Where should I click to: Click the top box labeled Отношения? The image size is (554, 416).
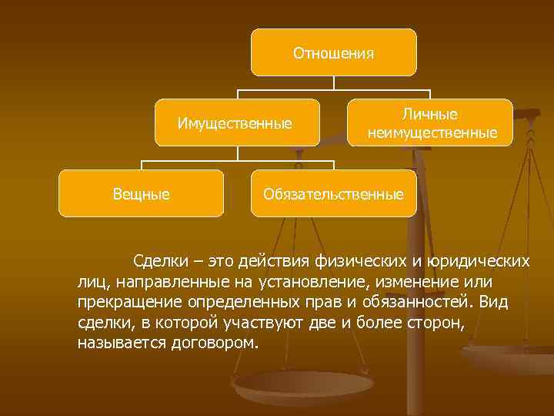[333, 53]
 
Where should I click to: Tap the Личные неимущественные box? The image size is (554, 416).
[430, 123]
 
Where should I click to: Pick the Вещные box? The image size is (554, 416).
[141, 193]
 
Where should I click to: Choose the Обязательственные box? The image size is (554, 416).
[333, 193]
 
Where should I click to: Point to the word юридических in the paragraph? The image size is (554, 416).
[484, 262]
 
